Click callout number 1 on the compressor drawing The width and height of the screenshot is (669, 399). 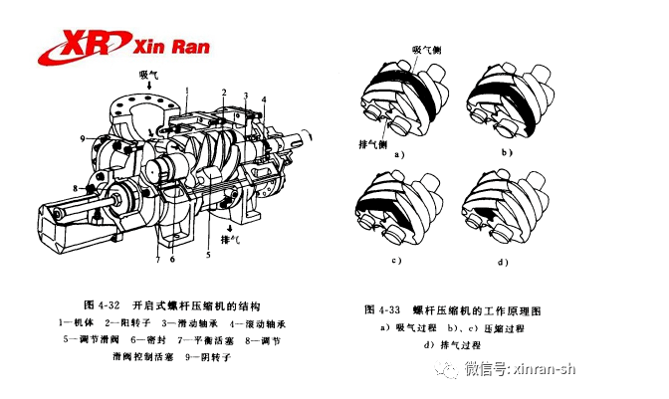(185, 91)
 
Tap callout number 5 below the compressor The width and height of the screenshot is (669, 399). (207, 255)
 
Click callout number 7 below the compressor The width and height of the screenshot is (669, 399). (157, 261)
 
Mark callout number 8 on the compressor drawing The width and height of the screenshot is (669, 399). (74, 187)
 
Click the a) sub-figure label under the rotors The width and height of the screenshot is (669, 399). (398, 155)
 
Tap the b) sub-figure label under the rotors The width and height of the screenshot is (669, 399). (506, 152)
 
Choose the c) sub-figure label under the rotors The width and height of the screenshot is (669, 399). (397, 262)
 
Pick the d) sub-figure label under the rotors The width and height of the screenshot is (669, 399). (505, 262)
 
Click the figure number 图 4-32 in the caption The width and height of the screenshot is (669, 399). (103, 302)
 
